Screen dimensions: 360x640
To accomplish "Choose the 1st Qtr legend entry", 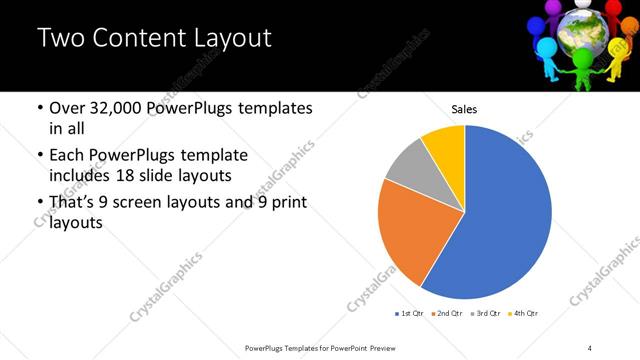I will tap(410, 314).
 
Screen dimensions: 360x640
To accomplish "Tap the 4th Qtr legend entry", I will tap(523, 314).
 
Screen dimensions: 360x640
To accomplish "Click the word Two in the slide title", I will tap(60, 39).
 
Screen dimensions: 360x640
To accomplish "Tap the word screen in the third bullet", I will tap(148, 203).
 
